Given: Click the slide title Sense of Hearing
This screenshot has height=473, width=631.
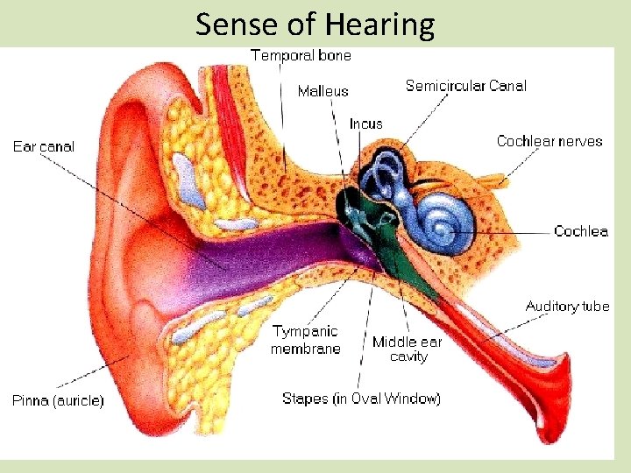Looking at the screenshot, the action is tap(315, 25).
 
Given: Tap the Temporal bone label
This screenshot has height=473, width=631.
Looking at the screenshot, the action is tap(301, 55).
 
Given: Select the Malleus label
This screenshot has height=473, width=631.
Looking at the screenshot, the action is tap(323, 91).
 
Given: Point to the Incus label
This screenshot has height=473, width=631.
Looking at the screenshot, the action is tap(365, 124).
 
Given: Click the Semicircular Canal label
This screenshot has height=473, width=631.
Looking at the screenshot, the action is tap(465, 86).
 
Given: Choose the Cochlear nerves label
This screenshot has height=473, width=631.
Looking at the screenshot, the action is tap(549, 141).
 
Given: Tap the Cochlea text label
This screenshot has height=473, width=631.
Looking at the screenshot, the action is tap(580, 231).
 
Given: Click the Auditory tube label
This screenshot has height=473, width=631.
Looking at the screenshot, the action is tap(567, 307).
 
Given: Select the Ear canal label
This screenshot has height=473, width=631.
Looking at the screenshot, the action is tap(44, 146).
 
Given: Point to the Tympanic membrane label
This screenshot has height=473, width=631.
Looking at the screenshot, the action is tap(305, 340).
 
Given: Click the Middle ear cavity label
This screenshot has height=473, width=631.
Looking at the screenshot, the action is tap(408, 349).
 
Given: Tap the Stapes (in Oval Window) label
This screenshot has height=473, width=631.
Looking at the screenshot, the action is tap(361, 399).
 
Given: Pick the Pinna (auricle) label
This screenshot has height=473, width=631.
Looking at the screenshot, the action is tap(58, 401).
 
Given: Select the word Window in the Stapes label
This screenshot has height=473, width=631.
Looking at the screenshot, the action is tap(414, 399).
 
